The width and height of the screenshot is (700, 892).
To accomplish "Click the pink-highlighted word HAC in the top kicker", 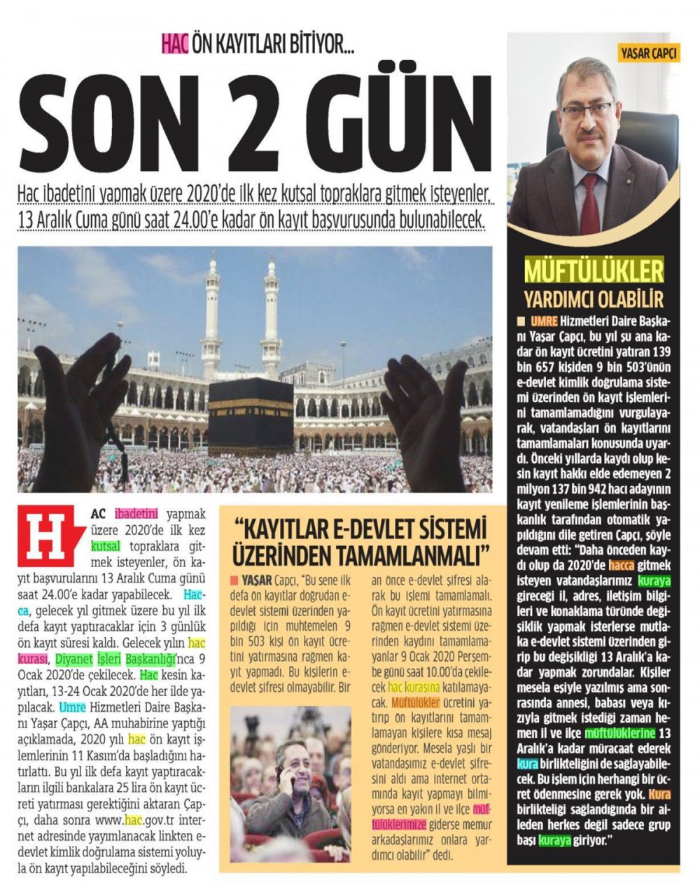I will coord(175,44).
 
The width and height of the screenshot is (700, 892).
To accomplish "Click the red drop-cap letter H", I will coord(48,536).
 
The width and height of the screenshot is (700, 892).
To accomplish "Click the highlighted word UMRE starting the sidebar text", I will coord(544,321).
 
